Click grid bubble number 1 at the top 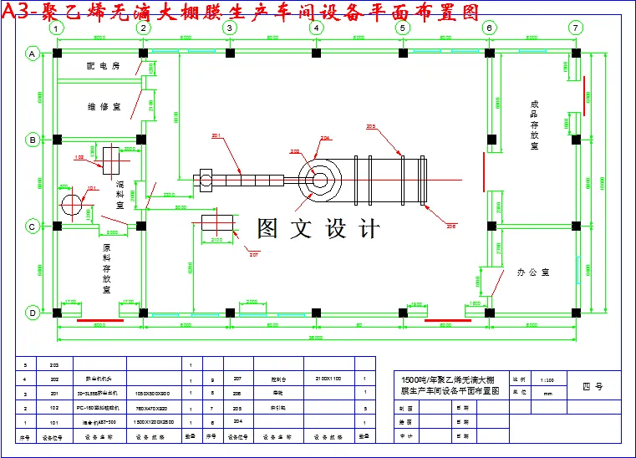click(56, 28)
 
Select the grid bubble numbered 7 click(574, 28)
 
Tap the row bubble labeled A click(33, 53)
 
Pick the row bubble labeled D click(33, 313)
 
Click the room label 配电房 click(103, 65)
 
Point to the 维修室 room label click(104, 107)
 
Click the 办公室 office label click(532, 272)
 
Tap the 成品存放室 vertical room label click(534, 125)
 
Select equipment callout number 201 click(216, 135)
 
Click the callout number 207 click(254, 254)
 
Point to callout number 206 click(451, 226)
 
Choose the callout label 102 click(79, 156)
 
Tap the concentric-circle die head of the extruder click(320, 178)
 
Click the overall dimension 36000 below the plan click(316, 338)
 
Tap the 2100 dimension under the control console click(216, 241)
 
